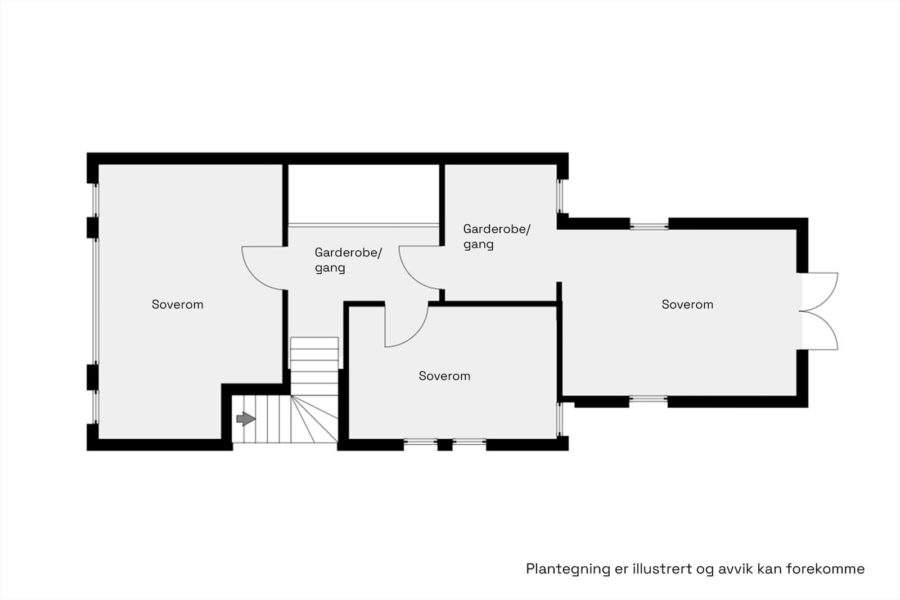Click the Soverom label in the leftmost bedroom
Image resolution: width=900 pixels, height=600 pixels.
point(177,304)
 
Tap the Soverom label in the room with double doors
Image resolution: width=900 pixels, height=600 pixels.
point(687,304)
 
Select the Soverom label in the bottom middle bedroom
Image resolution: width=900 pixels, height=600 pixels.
point(444,376)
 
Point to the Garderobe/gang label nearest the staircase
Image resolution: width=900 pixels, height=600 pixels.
point(348,260)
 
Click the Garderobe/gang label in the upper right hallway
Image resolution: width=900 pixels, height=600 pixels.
point(496,236)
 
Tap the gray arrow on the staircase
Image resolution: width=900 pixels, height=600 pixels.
point(246,419)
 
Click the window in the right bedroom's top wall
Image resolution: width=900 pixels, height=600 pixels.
point(649,227)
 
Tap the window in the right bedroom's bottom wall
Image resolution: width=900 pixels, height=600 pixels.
point(648,400)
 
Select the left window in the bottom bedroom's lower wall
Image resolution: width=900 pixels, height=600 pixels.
point(420,442)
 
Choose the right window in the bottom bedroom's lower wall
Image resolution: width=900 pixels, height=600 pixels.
point(469,442)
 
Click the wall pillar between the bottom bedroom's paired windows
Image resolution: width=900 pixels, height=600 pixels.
point(445,445)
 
